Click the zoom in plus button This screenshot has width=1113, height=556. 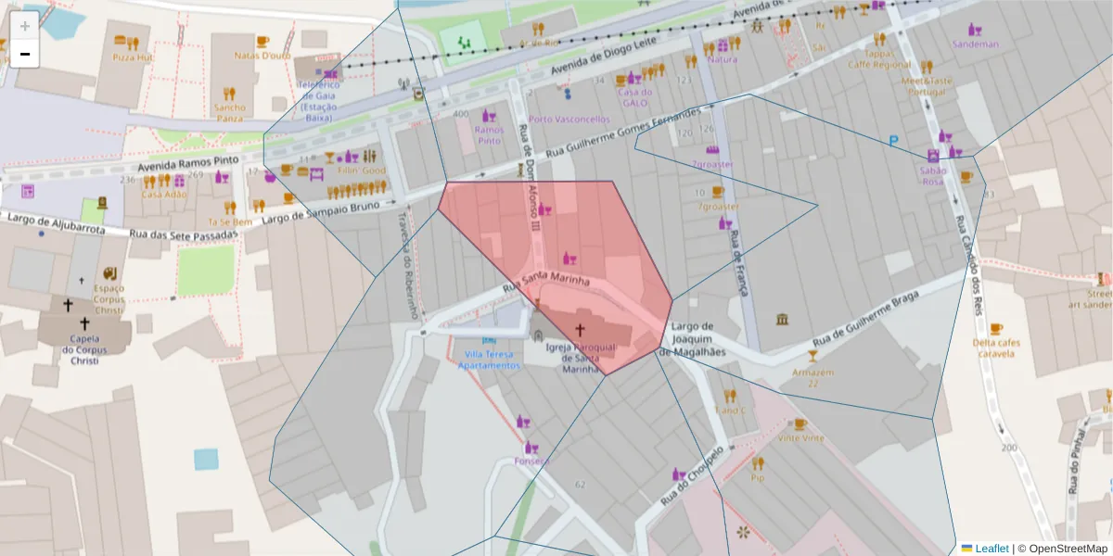point(24,26)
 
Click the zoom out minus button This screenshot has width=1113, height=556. point(24,54)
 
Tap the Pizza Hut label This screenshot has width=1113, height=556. point(132,57)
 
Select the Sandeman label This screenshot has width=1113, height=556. point(976,44)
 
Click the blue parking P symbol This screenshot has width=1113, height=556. point(893,142)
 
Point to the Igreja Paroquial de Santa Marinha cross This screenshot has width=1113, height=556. point(581,329)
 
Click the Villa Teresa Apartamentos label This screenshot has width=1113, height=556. point(489,360)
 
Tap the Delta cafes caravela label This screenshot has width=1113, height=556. point(996,347)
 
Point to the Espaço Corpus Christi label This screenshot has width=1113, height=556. point(109,299)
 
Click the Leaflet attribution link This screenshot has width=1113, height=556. point(991,549)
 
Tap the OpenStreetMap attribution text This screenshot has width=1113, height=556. point(1068,549)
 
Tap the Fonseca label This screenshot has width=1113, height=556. point(533,461)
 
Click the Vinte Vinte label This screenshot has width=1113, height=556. point(800,437)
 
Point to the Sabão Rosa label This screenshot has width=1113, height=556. point(933,175)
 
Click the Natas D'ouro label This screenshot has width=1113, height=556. point(262,56)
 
